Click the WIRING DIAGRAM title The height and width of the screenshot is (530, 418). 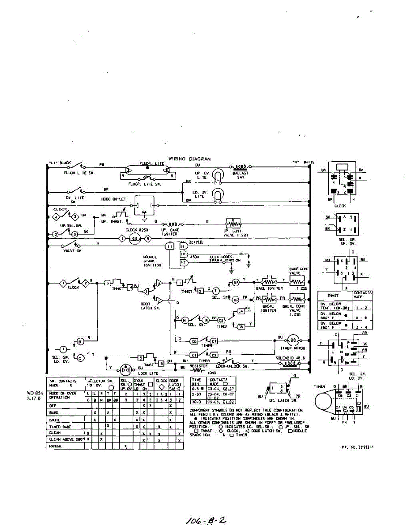click(x=189, y=159)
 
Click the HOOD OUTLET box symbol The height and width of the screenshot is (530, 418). click(x=144, y=205)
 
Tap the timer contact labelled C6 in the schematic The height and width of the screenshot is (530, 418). click(x=193, y=341)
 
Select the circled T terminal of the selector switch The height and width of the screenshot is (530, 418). click(x=216, y=290)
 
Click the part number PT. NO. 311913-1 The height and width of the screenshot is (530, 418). click(x=358, y=447)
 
